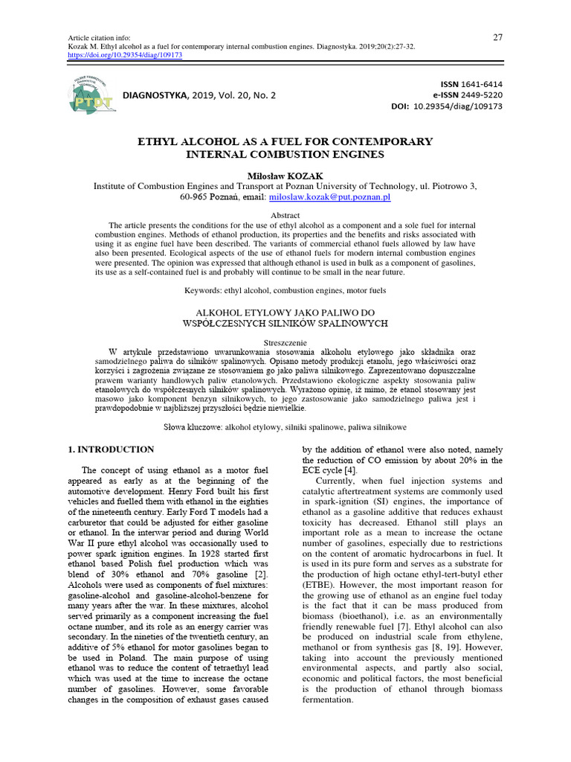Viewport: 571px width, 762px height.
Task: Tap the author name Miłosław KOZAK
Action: (x=285, y=174)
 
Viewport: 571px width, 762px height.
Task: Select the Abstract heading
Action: (x=285, y=214)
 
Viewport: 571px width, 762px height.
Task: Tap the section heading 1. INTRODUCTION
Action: (x=112, y=449)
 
